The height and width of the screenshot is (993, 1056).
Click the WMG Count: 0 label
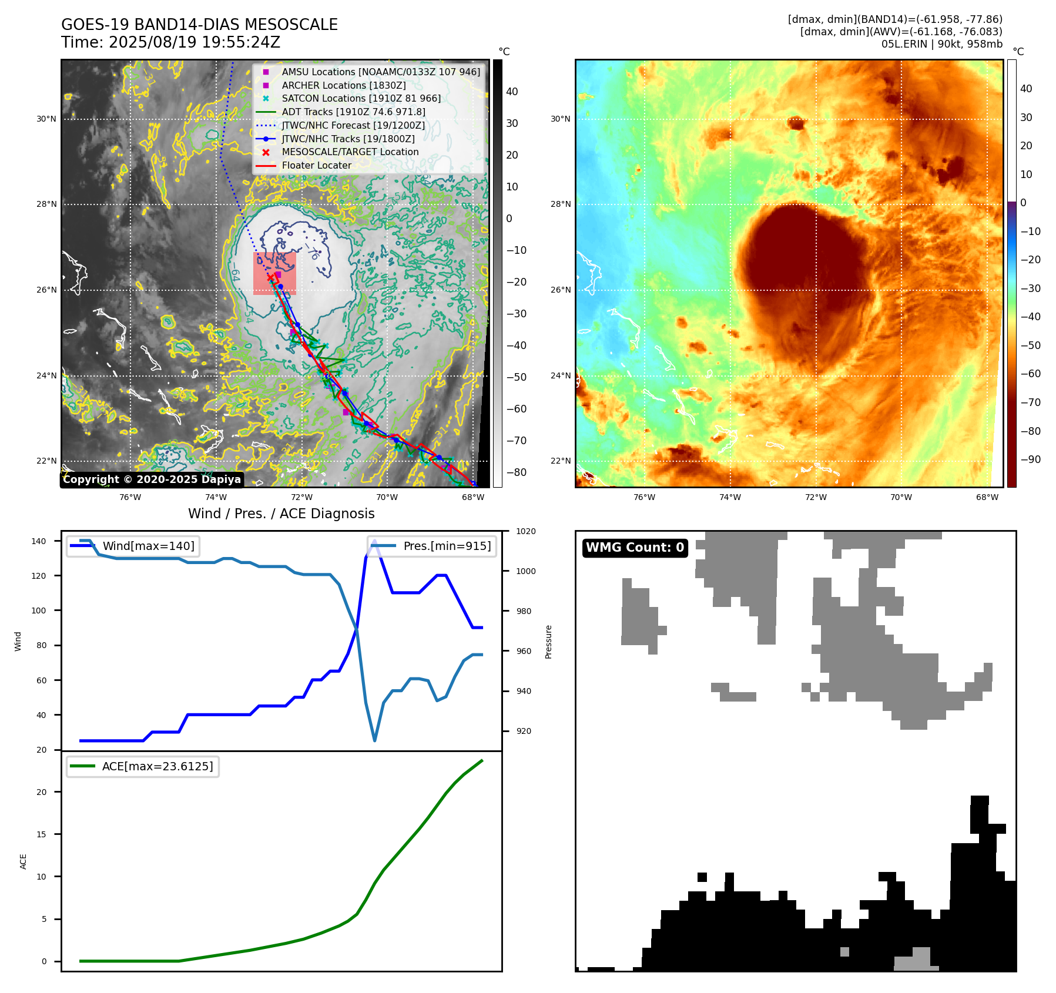635,548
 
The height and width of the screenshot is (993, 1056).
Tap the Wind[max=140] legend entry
148,546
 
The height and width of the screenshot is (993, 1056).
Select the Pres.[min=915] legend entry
447,546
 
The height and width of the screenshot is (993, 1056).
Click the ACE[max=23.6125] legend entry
157,766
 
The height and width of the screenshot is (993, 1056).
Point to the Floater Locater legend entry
316,166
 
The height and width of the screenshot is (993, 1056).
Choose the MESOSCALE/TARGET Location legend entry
350,152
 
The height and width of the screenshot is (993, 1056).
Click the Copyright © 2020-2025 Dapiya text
152,479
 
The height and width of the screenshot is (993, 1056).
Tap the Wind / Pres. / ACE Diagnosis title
281,514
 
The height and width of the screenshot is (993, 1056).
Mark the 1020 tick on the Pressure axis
525,531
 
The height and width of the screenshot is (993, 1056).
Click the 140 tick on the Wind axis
39,541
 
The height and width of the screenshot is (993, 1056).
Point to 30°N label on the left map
46,119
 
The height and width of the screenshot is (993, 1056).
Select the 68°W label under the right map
987,497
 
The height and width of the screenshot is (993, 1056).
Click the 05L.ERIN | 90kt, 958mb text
941,44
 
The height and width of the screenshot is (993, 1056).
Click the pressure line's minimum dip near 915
374,740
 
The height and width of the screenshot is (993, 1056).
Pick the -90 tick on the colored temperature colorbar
1030,459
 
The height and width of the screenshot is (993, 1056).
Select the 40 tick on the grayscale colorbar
512,92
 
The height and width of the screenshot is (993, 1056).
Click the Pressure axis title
548,642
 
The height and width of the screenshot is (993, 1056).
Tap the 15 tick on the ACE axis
41,834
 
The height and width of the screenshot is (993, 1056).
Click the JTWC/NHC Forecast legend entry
353,126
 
